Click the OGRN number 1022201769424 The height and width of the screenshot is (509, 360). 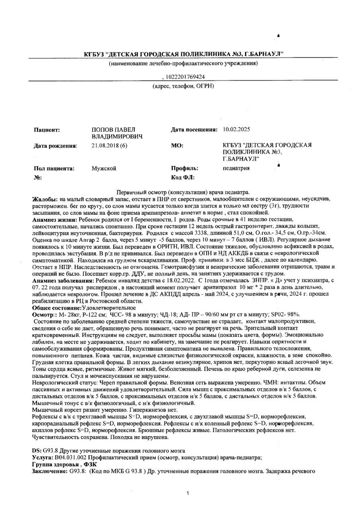tap(185, 77)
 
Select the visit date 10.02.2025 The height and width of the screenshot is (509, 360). tap(237, 130)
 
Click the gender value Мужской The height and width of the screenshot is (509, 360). tap(104, 168)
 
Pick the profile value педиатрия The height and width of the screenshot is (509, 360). tap(236, 168)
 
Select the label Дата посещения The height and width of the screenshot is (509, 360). tap(194, 130)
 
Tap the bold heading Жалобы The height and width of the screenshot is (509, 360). tap(44, 199)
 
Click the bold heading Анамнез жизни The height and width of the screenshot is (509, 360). tap(55, 220)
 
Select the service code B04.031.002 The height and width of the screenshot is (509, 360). tap(74, 458)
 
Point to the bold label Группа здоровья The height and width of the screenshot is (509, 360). tap(55, 464)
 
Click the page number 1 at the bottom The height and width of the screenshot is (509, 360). tap(187, 493)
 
